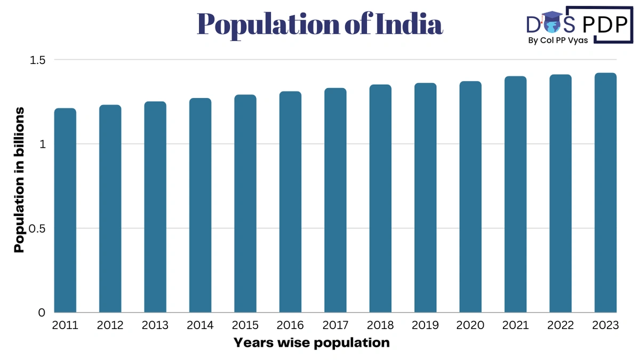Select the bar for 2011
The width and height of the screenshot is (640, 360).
pos(65,211)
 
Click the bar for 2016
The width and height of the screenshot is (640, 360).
pos(290,202)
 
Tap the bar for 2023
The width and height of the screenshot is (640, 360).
pos(605,193)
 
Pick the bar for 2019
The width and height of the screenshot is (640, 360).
pos(425,198)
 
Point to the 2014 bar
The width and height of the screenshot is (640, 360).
pos(200,205)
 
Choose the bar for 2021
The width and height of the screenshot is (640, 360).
pos(515,195)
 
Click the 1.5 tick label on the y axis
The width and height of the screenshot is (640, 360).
pos(38,60)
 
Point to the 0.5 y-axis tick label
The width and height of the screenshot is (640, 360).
pos(38,228)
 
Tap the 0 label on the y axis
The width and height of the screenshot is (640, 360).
pos(42,313)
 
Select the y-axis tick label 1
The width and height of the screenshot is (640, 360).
pos(42,144)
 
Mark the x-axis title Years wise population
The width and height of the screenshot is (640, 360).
pos(311,343)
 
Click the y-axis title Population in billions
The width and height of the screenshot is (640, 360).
pos(19,180)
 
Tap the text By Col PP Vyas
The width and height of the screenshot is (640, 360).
pos(558,41)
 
